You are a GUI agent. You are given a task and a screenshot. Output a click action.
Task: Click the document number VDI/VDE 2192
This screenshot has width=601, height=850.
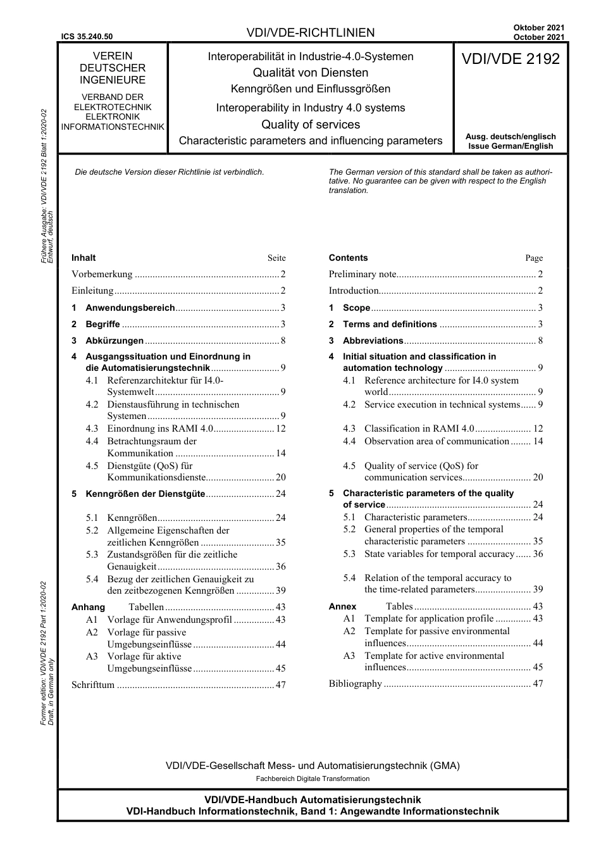coord(511,59)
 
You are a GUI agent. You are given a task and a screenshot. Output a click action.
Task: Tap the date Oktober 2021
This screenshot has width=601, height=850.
coord(539,28)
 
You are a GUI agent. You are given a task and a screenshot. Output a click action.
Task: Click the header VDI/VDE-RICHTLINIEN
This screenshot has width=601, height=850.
coord(311,33)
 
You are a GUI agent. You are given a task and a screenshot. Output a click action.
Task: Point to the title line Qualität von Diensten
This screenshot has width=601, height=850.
coord(311,73)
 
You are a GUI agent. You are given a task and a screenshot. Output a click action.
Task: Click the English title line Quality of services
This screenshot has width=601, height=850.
coord(311,125)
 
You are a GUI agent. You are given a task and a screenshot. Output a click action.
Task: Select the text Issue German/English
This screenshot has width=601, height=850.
coord(511,146)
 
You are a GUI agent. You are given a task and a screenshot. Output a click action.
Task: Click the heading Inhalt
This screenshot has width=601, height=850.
coord(84,258)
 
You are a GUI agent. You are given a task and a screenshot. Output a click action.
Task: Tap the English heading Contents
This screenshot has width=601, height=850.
coord(348,258)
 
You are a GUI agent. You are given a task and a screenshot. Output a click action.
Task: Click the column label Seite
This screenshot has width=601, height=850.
coord(276,258)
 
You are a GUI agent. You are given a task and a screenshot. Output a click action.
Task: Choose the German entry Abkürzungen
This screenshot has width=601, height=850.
coord(115,341)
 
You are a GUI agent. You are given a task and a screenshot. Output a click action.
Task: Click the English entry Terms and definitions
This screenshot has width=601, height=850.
coord(390,324)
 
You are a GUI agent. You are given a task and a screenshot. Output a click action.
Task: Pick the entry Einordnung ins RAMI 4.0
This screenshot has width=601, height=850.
coord(160,428)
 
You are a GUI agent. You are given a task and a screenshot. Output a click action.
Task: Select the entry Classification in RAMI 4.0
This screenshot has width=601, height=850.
coord(419,428)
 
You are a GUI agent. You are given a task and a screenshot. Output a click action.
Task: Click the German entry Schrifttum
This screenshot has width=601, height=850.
coord(93,685)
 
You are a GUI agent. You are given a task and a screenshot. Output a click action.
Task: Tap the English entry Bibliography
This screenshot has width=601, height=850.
coord(356,684)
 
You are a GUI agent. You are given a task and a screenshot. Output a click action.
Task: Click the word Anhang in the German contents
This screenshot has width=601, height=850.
coord(88,607)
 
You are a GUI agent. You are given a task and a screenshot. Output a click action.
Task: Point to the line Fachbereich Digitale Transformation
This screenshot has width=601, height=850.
coord(313,778)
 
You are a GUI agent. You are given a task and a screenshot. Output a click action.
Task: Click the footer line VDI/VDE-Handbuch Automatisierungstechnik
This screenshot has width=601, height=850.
coord(313,800)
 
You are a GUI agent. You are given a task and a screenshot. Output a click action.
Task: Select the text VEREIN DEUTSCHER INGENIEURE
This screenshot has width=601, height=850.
coord(113,68)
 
